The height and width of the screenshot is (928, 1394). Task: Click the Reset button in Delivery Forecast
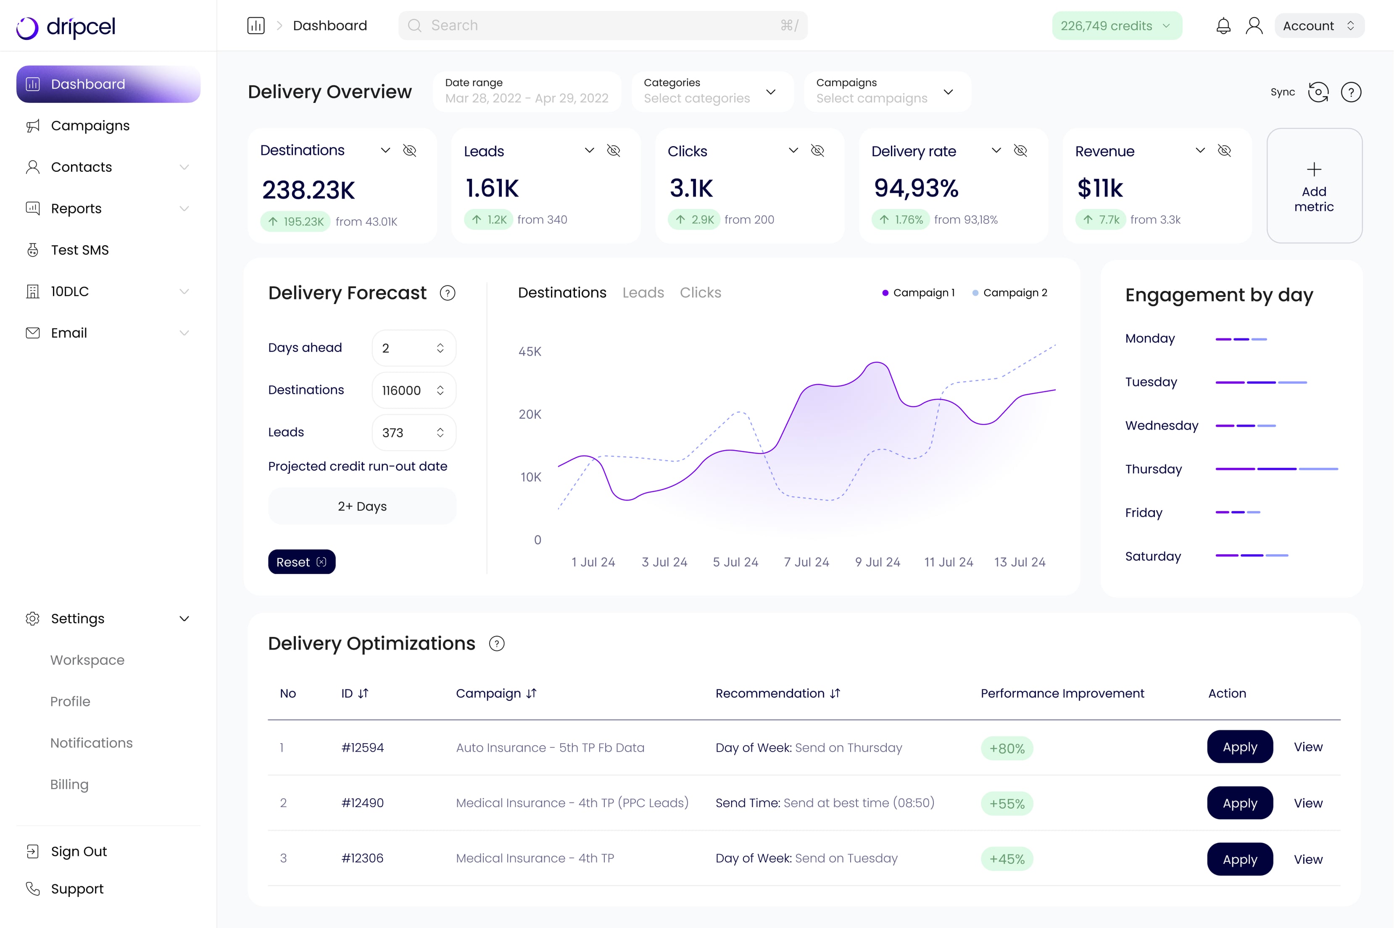tap(301, 562)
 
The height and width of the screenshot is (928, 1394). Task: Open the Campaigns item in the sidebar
tap(90, 126)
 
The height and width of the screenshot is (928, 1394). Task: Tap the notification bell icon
tap(1223, 26)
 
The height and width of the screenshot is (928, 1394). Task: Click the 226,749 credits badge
tap(1116, 26)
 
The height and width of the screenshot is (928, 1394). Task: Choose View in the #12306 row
tap(1307, 859)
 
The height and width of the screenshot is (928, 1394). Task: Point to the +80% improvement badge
tap(1006, 748)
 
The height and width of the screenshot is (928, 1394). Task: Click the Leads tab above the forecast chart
tap(643, 292)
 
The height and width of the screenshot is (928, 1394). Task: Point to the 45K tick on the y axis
tap(530, 351)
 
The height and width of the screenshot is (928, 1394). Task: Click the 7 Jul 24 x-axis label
tap(806, 562)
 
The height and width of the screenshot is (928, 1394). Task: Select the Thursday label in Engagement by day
tap(1153, 469)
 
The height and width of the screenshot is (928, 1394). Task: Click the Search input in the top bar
tap(602, 26)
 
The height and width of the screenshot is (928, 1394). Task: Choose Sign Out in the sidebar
tap(79, 851)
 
